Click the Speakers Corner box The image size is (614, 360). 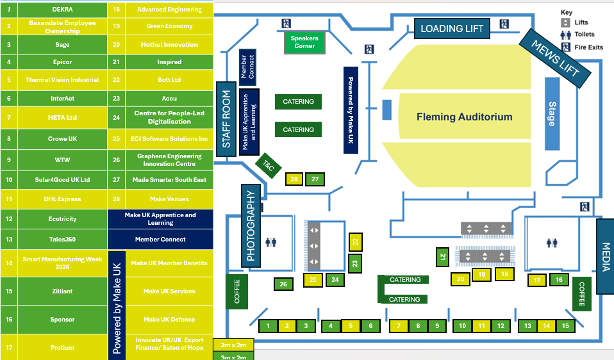pyautogui.click(x=304, y=42)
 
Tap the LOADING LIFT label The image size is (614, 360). pyautogui.click(x=452, y=28)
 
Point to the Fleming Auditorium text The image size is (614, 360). pyautogui.click(x=465, y=117)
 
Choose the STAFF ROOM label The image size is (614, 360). pyautogui.click(x=226, y=119)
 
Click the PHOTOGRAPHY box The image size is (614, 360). pyautogui.click(x=251, y=225)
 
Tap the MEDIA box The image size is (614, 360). pyautogui.click(x=604, y=256)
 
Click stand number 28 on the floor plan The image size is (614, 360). pyautogui.click(x=294, y=179)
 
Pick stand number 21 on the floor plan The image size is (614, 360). pyautogui.click(x=442, y=257)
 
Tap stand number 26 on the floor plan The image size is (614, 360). pyautogui.click(x=283, y=284)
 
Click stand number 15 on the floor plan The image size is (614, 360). pyautogui.click(x=565, y=326)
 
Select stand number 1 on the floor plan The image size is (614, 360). pyautogui.click(x=268, y=326)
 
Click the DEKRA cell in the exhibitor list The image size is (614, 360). pyautogui.click(x=62, y=10)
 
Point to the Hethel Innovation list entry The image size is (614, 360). pyautogui.click(x=169, y=45)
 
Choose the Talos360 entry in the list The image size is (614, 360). pyautogui.click(x=62, y=239)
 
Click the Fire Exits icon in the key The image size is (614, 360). pyautogui.click(x=566, y=47)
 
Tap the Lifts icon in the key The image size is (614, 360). pyautogui.click(x=566, y=22)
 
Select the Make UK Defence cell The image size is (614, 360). pyautogui.click(x=169, y=320)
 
